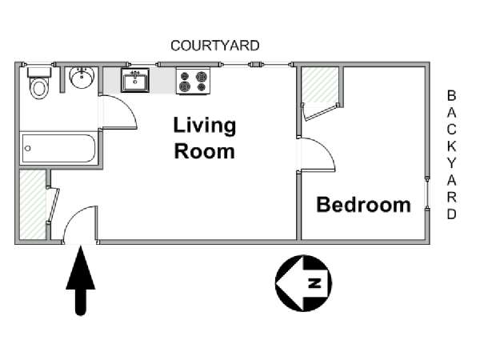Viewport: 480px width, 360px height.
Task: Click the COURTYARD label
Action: [215, 46]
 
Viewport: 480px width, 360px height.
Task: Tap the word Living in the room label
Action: [205, 126]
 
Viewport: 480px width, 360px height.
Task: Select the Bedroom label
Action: [363, 205]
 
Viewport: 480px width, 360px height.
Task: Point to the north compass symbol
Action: [303, 283]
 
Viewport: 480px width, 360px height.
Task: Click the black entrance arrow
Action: [81, 280]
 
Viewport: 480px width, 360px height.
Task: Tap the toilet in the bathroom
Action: [39, 83]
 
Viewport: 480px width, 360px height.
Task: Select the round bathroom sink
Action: [82, 78]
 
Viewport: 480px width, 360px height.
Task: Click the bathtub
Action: [58, 149]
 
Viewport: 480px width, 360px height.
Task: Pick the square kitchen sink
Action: [135, 80]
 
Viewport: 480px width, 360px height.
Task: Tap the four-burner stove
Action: [193, 81]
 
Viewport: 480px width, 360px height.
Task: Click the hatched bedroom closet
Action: [319, 85]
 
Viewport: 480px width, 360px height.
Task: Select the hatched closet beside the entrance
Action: [33, 204]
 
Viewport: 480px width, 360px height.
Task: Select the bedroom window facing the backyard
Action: [427, 194]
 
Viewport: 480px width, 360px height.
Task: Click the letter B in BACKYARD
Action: [451, 96]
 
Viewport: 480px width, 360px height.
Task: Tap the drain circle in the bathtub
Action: [28, 149]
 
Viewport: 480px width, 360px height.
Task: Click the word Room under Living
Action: [205, 151]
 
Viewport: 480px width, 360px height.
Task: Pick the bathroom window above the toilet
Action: [39, 64]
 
